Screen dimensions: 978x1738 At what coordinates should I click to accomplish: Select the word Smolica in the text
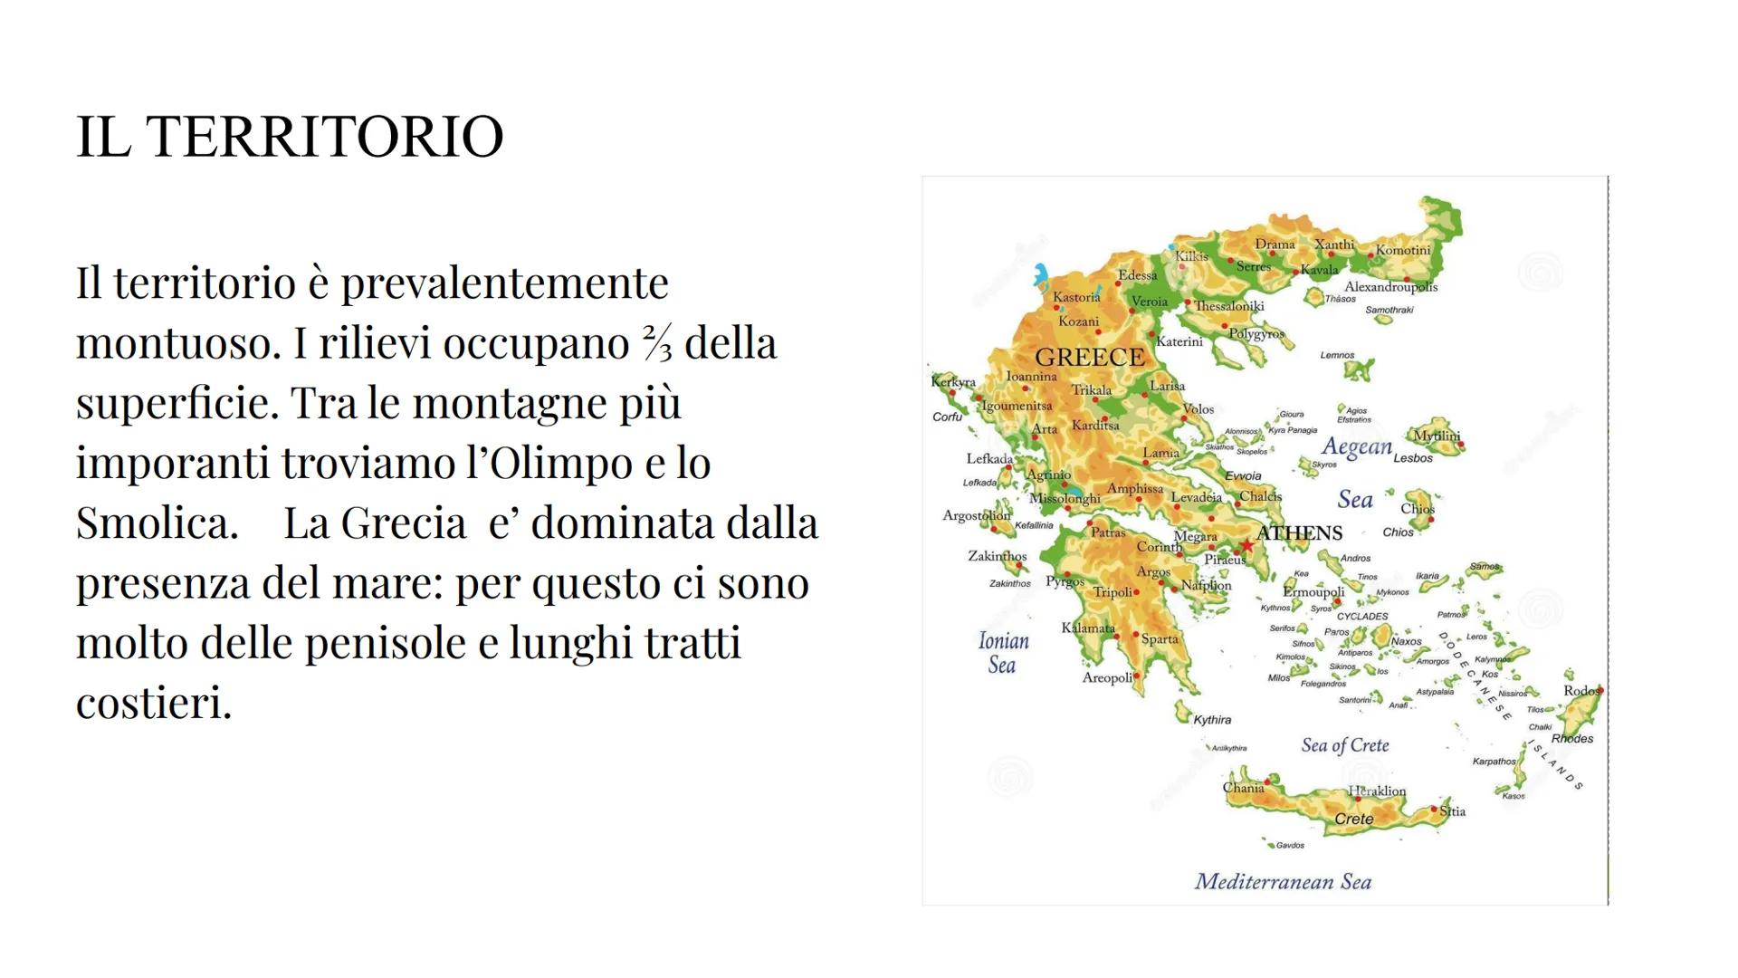click(x=156, y=523)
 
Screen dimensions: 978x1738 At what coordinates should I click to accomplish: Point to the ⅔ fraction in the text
click(x=657, y=343)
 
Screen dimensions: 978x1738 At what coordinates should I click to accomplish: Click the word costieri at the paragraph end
click(x=154, y=703)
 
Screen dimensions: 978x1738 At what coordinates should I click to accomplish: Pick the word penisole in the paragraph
click(x=384, y=643)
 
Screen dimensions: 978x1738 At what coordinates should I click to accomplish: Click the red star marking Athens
click(x=1246, y=545)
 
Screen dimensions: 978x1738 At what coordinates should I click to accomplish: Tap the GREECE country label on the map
click(x=1089, y=358)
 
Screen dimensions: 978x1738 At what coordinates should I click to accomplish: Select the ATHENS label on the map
click(x=1299, y=533)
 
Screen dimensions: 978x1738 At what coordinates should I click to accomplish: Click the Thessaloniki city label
click(x=1228, y=306)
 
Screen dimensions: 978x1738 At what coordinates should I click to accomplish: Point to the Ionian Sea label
click(x=1003, y=653)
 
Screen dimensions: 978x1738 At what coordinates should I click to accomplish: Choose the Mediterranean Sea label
click(x=1283, y=882)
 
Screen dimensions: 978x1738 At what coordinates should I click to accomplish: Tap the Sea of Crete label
click(x=1344, y=745)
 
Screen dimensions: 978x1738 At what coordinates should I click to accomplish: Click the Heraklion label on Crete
click(x=1377, y=791)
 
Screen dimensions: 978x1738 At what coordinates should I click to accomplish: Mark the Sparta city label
click(x=1160, y=639)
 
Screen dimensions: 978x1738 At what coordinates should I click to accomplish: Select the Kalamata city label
click(x=1087, y=628)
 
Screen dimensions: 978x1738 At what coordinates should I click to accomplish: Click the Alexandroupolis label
click(x=1390, y=287)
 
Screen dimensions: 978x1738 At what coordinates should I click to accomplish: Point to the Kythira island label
click(x=1212, y=721)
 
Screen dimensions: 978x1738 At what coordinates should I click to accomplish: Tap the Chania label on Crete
click(x=1243, y=788)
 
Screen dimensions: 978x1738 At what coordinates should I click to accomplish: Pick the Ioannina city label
click(x=1031, y=376)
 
